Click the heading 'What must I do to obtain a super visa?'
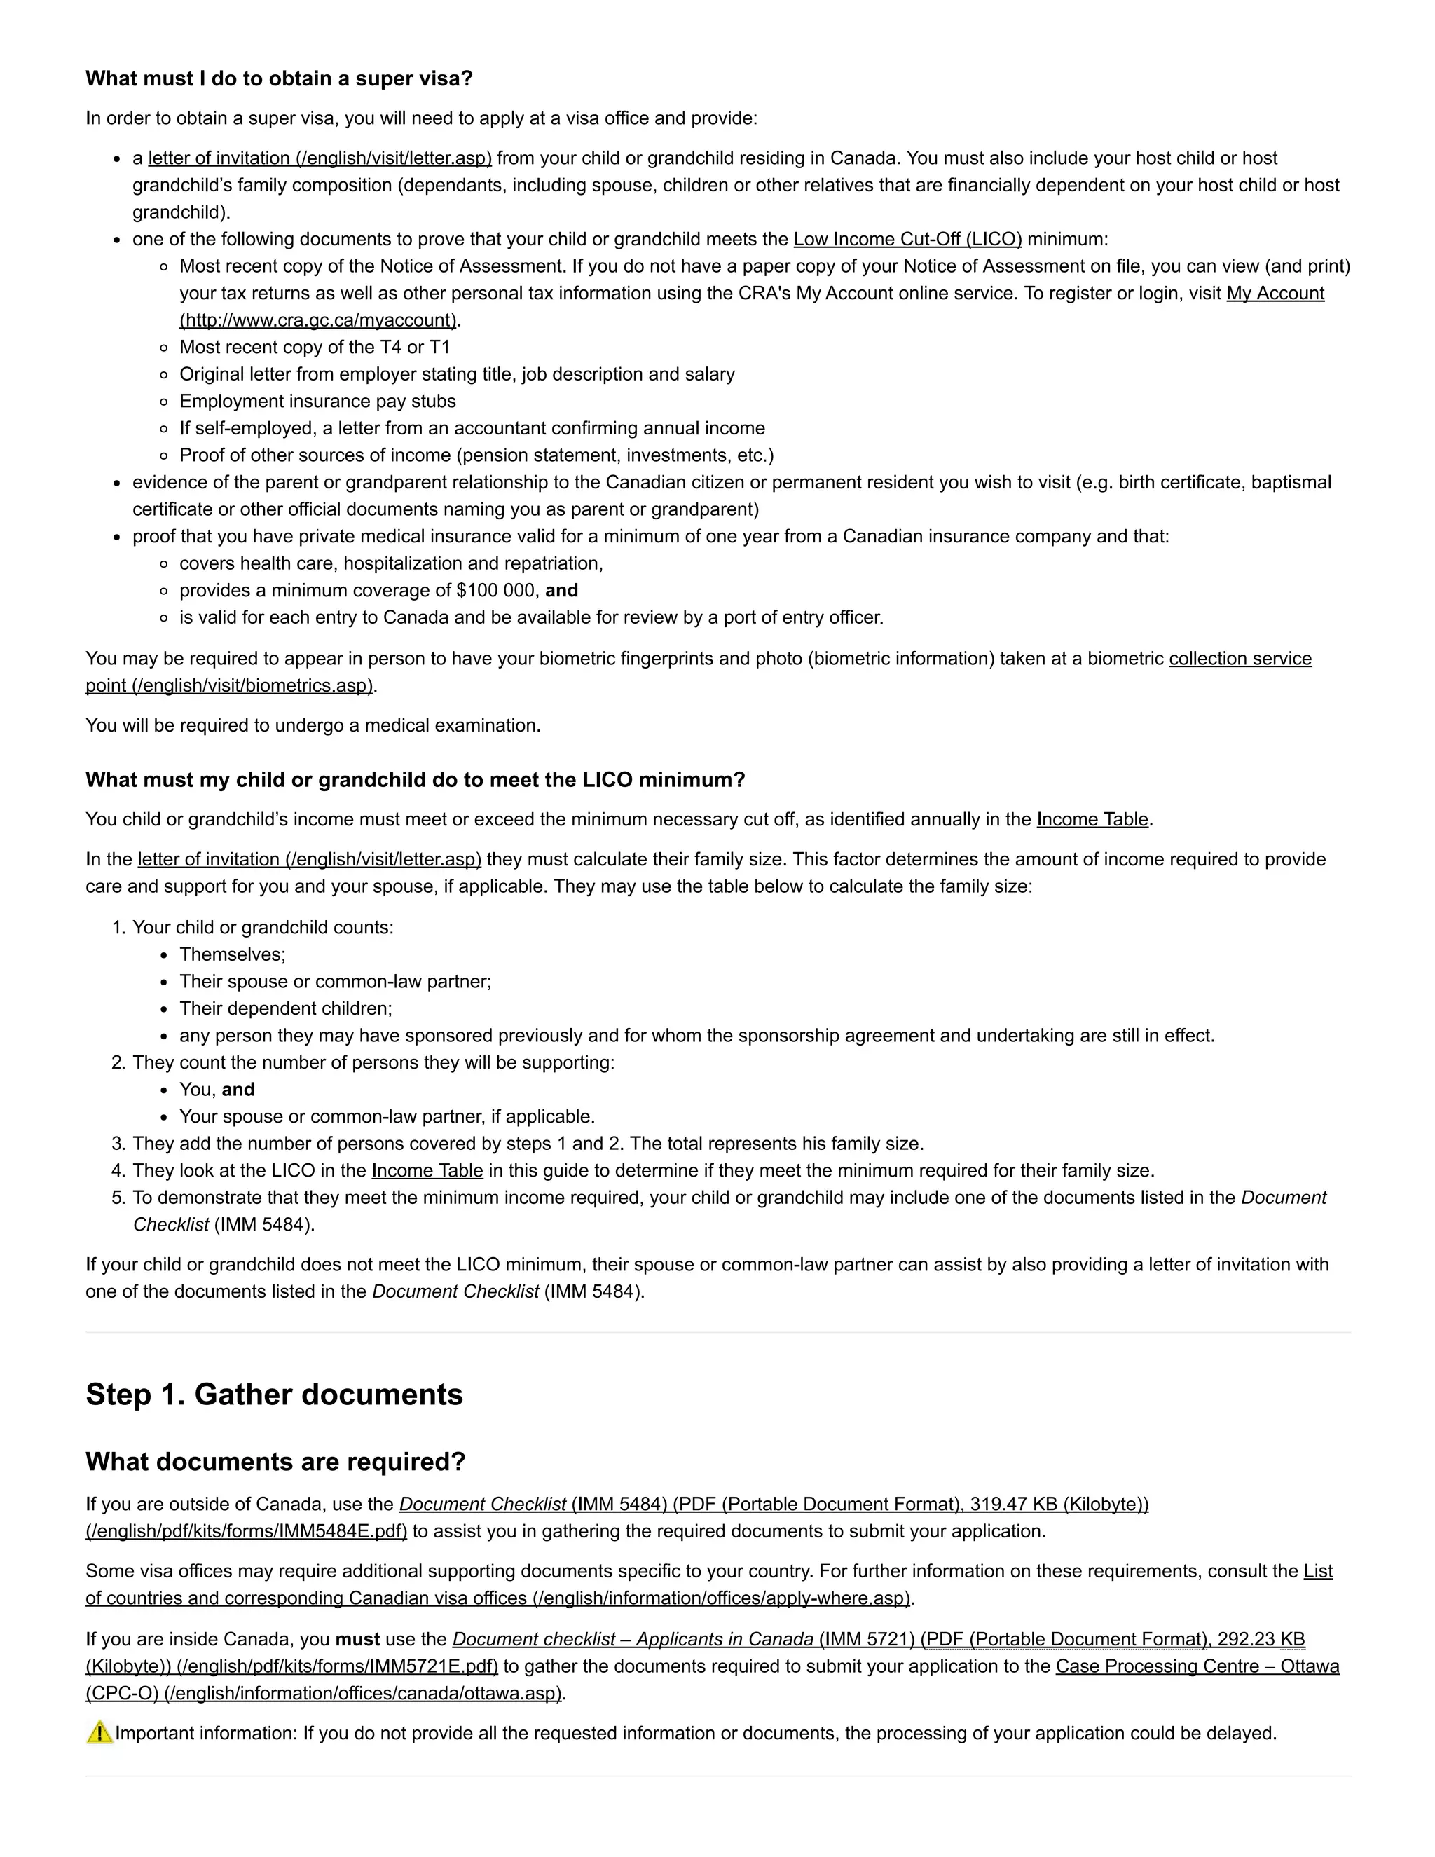[279, 78]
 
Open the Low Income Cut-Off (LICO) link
[907, 239]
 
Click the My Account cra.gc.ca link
[1275, 294]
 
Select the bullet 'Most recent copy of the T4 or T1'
[315, 347]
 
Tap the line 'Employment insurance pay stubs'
[317, 402]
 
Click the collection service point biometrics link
[1240, 658]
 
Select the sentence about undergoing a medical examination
[313, 725]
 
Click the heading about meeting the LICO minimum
[415, 780]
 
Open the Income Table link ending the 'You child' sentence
[1092, 820]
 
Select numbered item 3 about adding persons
[527, 1144]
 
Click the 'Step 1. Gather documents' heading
[274, 1395]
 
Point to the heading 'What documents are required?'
[275, 1462]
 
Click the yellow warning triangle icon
[99, 1733]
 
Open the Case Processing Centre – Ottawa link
[1196, 1666]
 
